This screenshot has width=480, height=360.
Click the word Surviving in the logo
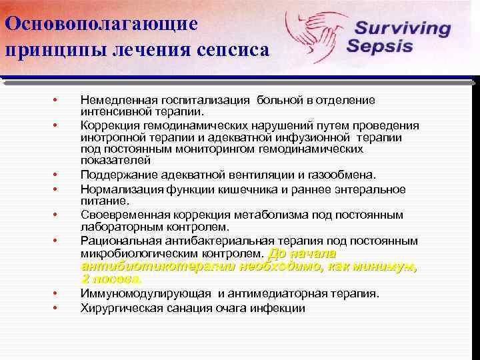pyautogui.click(x=402, y=29)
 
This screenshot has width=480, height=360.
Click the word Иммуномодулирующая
pyautogui.click(x=145, y=293)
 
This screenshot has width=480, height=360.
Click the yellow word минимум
pyautogui.click(x=385, y=267)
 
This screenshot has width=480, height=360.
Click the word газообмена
pyautogui.click(x=342, y=175)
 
